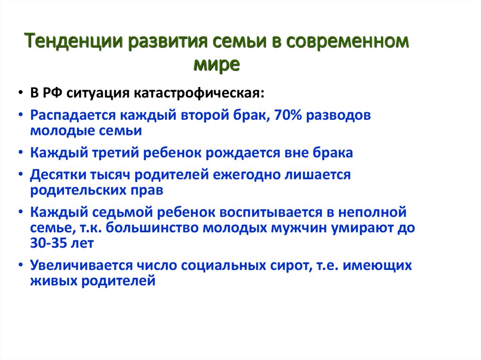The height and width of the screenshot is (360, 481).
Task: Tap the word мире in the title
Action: coord(217,63)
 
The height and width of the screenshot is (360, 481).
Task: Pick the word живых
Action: coord(53,281)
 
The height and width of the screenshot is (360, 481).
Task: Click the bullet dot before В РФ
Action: coord(22,92)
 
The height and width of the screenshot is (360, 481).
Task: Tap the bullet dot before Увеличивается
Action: coord(22,266)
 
